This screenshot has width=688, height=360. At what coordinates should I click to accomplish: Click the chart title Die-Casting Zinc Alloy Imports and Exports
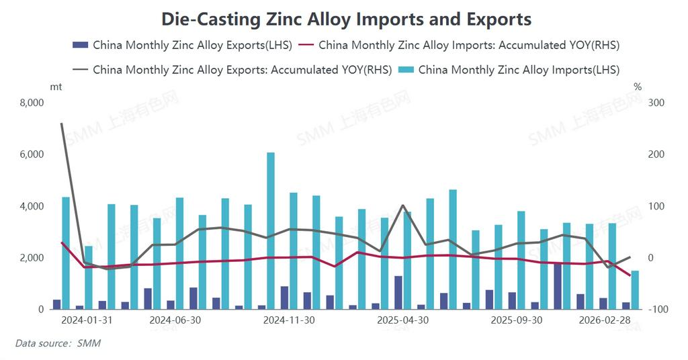[346, 19]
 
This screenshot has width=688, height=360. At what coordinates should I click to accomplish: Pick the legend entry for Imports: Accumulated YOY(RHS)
[460, 46]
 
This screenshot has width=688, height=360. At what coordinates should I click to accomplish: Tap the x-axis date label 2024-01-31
[87, 320]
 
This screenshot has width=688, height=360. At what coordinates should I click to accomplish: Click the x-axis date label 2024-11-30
[289, 320]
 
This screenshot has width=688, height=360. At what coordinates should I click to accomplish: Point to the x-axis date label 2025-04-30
[403, 320]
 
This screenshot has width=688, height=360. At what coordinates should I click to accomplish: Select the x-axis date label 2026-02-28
[605, 320]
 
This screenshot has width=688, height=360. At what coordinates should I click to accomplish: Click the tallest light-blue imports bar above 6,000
[271, 230]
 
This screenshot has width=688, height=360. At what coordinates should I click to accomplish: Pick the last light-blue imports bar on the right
[635, 290]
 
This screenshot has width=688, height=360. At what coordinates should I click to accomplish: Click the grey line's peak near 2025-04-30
[402, 206]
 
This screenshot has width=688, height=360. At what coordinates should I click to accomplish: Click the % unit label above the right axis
[638, 87]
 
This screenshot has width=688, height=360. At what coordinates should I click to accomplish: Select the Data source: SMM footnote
[58, 343]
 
